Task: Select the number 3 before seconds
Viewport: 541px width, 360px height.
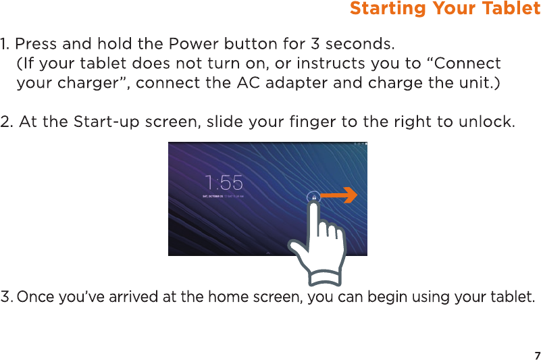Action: click(x=315, y=44)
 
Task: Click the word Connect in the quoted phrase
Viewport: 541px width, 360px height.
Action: click(x=467, y=63)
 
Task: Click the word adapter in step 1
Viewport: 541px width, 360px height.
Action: click(x=297, y=84)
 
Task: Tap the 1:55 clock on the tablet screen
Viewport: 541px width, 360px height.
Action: click(x=224, y=182)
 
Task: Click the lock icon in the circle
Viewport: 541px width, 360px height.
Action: click(x=314, y=197)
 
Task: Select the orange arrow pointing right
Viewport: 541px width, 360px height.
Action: click(x=339, y=196)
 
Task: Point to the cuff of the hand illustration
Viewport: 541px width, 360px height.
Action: click(x=325, y=276)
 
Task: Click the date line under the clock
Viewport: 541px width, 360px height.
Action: click(x=224, y=197)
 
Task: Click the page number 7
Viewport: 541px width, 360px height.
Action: click(x=537, y=355)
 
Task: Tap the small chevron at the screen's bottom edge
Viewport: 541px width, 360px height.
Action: click(x=267, y=253)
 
